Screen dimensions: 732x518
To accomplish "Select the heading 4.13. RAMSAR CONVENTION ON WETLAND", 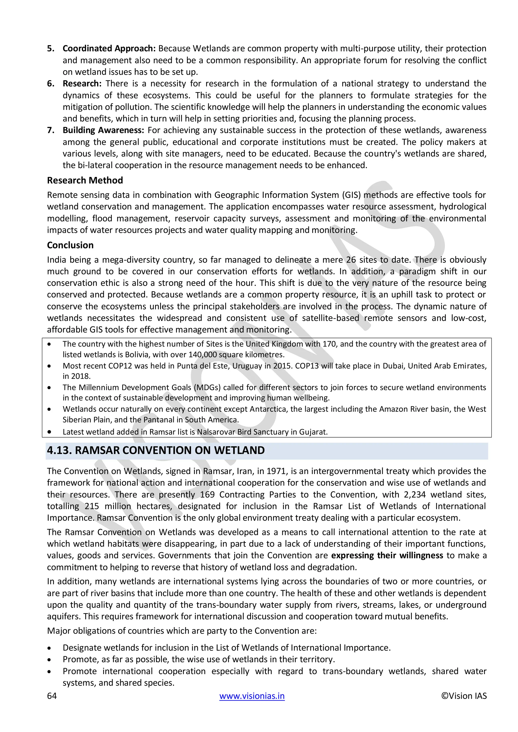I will (156, 450).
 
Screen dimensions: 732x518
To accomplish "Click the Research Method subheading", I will (85, 180).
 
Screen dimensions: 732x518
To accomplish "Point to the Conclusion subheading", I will (70, 245).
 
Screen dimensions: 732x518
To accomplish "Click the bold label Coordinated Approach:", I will (109, 49).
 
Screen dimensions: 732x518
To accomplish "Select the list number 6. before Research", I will (51, 83).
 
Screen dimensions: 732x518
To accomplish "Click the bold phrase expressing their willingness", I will (387, 555).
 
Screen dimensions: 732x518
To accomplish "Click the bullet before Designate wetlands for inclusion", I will (49, 648).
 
